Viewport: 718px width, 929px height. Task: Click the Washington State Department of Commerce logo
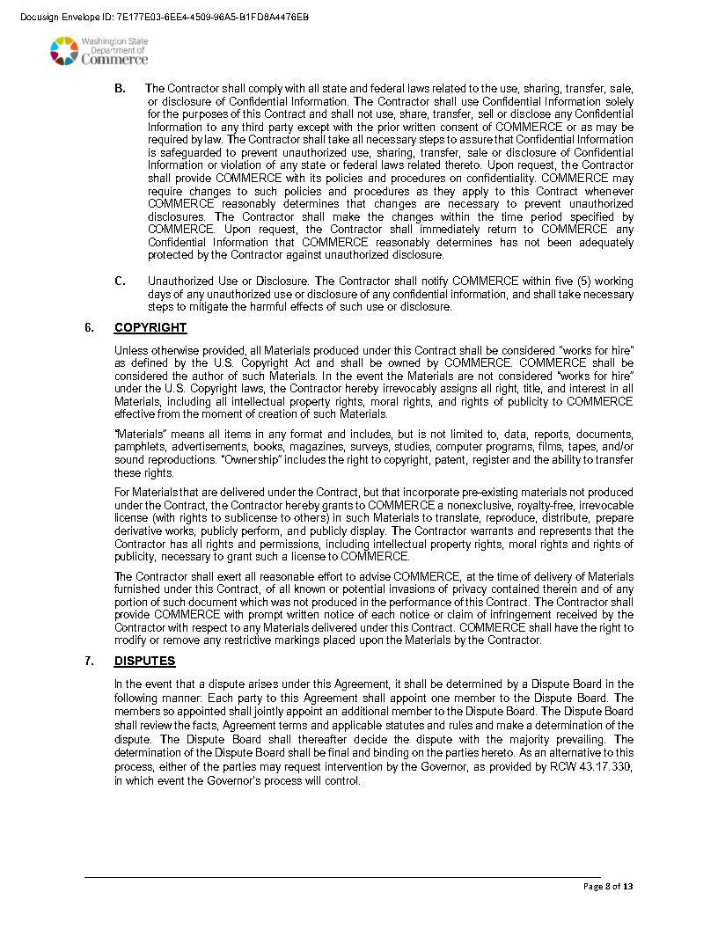(99, 51)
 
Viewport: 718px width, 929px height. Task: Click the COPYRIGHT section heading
(150, 328)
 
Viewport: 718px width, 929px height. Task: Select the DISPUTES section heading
(145, 662)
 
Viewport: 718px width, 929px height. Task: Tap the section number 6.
(90, 328)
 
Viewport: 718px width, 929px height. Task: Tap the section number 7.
(90, 662)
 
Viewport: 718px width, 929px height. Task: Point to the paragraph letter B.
(120, 89)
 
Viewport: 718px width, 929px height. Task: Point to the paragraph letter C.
(120, 282)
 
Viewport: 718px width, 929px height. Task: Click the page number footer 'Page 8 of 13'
(608, 887)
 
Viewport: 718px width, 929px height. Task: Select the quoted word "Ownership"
(278, 460)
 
